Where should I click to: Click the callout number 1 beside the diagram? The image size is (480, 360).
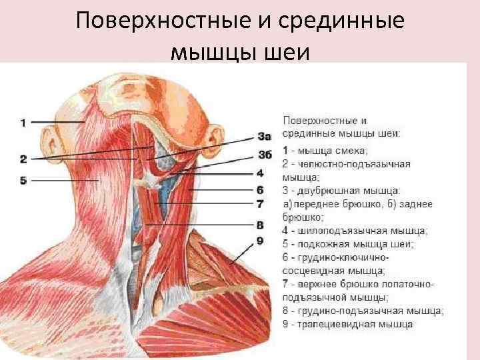pos(23,123)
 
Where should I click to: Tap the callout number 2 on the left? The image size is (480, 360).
pos(23,159)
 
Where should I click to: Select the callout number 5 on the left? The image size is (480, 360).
pos(23,180)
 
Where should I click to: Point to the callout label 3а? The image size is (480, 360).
pos(264,137)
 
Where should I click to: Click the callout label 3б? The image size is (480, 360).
pos(264,155)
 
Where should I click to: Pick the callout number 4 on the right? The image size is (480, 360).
pos(260,173)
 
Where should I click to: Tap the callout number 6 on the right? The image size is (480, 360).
pos(260,189)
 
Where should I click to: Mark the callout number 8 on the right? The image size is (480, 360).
pos(260,225)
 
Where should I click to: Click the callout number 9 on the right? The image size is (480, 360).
pos(260,239)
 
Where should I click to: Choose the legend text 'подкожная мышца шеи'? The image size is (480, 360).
pos(357,244)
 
